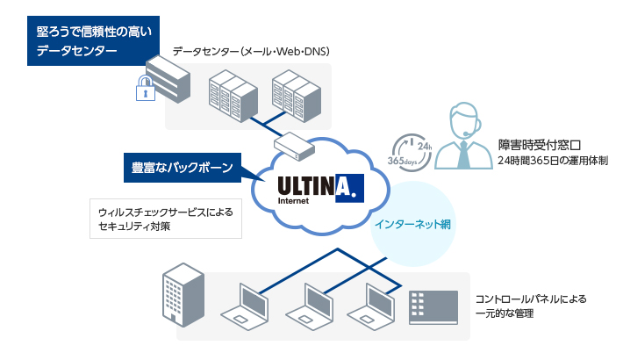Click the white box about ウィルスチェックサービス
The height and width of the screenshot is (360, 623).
pyautogui.click(x=166, y=219)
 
